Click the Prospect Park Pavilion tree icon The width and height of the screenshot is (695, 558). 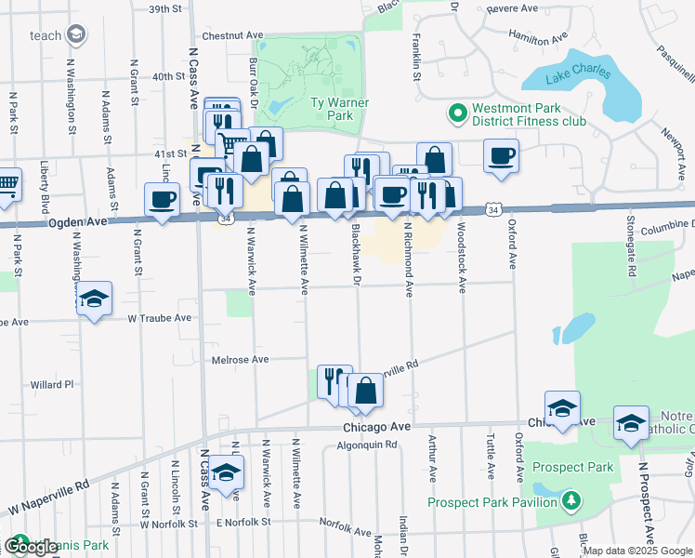coord(571,502)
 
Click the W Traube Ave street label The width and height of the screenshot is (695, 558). coord(160,318)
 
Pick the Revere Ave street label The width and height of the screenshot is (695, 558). coord(513,8)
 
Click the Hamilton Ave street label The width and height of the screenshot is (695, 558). coord(537,36)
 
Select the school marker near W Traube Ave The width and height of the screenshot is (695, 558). coord(93,299)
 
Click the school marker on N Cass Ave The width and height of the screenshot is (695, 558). coord(225,473)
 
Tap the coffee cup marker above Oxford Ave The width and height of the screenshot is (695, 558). coord(502,155)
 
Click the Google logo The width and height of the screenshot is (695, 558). coord(30,547)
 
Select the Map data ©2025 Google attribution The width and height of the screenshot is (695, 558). coord(637,551)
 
